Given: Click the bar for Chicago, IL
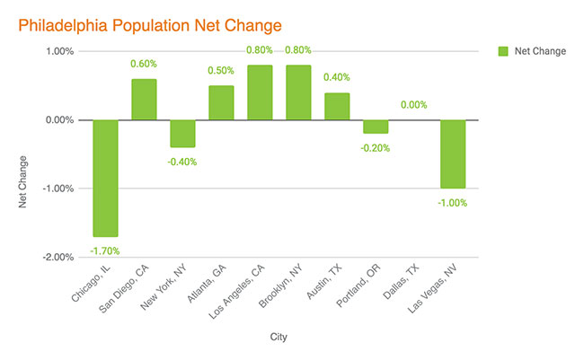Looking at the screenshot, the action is point(106,178).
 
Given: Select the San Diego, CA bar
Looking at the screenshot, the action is point(144,100).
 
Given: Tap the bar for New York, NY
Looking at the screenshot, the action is point(183,134).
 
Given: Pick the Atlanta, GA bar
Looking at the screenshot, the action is point(221,102).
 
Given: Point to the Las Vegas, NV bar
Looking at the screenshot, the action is point(453,154).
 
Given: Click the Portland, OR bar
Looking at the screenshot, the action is point(376,127).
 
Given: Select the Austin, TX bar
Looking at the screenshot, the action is point(337,107).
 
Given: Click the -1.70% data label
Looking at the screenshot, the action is point(105,251).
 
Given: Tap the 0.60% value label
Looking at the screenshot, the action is point(144,64).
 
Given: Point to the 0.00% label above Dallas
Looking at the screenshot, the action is point(414,105).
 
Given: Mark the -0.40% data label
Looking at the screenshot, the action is point(182,162).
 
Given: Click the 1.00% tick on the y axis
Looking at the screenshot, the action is point(60,51).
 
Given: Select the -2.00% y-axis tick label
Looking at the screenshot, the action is point(58,258).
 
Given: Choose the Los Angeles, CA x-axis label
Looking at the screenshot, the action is point(237,292).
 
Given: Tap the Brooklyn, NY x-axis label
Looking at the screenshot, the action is point(280,285).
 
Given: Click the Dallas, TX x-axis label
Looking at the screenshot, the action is point(401,282).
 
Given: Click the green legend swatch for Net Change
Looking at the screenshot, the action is point(503,51).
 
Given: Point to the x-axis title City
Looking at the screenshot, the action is point(279,337).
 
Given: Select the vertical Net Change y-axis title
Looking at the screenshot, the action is point(22,181).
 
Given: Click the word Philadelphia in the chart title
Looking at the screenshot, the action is point(63,26).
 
